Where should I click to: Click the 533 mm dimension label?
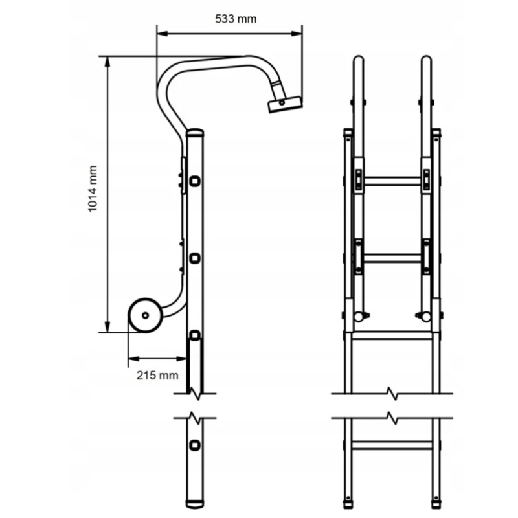click(x=236, y=19)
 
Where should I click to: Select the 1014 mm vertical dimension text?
click(x=93, y=188)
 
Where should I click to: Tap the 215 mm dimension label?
click(x=157, y=376)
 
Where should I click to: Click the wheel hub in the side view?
click(x=145, y=315)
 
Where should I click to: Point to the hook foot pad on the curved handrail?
click(x=285, y=104)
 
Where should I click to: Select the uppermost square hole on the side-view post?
click(x=195, y=181)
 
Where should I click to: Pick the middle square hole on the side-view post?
click(x=195, y=258)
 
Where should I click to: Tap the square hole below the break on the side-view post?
click(x=195, y=445)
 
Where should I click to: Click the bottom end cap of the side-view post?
click(x=195, y=504)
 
